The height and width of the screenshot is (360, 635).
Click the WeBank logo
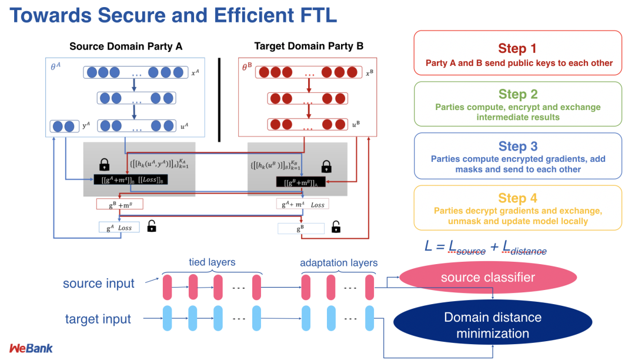click(x=31, y=348)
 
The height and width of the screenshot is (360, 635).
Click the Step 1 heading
click(x=517, y=48)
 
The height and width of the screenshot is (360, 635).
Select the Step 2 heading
click(x=517, y=94)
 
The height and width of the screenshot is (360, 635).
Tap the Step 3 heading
click(x=517, y=146)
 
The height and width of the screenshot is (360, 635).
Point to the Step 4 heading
click(x=517, y=198)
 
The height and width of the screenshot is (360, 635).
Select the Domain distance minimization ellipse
click(x=492, y=325)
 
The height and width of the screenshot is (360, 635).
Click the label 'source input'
click(x=99, y=284)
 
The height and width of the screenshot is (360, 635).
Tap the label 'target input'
click(x=98, y=319)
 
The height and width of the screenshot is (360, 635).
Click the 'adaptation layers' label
click(x=339, y=262)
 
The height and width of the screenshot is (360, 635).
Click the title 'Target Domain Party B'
click(x=309, y=46)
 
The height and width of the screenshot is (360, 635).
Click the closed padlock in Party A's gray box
click(x=105, y=164)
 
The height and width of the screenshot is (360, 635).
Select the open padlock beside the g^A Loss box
click(x=151, y=226)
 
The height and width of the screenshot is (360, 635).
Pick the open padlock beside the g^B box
click(x=336, y=226)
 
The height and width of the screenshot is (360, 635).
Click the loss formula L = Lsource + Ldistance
click(x=486, y=246)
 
